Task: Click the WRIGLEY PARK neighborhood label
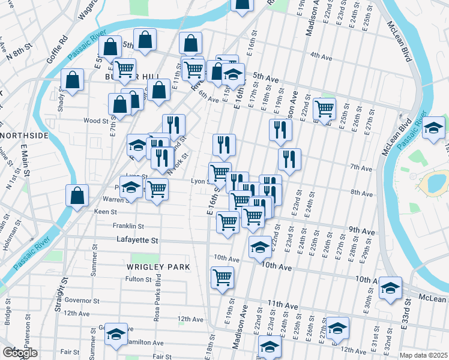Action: (158, 266)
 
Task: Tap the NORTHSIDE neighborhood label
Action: (23, 136)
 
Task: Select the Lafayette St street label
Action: (137, 240)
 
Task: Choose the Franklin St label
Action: (128, 226)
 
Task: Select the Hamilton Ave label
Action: (145, 343)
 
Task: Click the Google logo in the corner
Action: (19, 353)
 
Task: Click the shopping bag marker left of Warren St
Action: (77, 195)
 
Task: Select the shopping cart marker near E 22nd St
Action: (324, 109)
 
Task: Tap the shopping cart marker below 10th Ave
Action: (222, 277)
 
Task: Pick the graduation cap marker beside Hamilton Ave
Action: (116, 334)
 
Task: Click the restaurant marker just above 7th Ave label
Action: (289, 159)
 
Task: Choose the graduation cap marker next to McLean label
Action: (390, 289)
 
